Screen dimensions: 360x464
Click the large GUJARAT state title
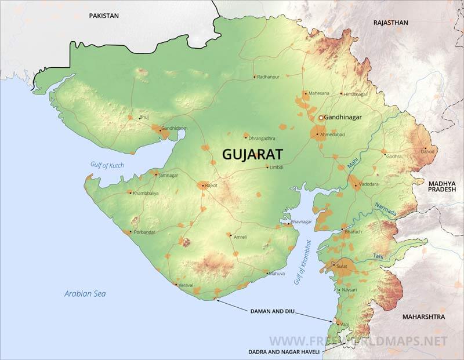253,154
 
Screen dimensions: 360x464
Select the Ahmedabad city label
332,134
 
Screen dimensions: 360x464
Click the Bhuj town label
144,117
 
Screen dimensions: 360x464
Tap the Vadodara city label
368,184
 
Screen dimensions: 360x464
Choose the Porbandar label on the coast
144,232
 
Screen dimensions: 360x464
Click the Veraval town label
186,285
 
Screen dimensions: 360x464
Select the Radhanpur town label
269,77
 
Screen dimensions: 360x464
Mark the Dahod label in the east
427,151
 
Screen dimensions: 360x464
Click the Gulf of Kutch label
108,165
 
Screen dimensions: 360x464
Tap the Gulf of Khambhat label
302,261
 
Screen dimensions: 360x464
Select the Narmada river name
386,209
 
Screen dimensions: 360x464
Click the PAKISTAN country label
104,16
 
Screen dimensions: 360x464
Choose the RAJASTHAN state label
391,23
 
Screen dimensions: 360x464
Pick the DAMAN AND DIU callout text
273,311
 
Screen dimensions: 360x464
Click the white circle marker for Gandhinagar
320,118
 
